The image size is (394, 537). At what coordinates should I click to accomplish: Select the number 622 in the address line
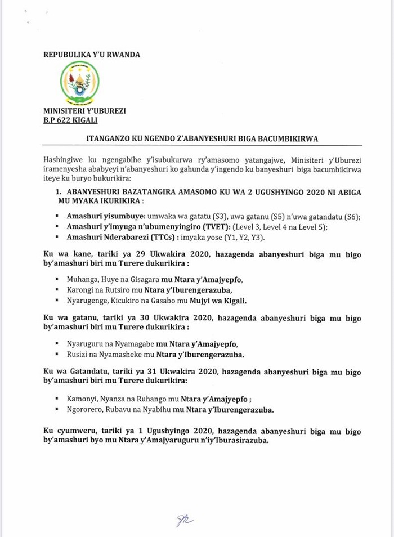click(x=66, y=120)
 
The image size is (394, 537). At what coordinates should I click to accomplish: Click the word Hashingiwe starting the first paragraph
click(x=64, y=160)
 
